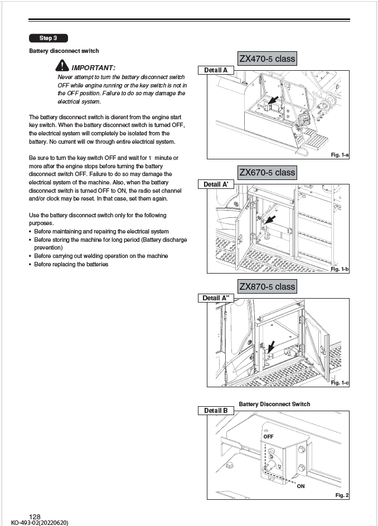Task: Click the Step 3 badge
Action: click(x=49, y=38)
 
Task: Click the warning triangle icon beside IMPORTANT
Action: click(x=64, y=67)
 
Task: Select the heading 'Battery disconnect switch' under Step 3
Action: click(x=64, y=51)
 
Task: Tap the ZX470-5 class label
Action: click(x=267, y=59)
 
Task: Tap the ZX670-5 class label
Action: click(x=267, y=172)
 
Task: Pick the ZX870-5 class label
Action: click(x=267, y=286)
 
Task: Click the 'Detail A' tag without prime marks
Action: click(x=216, y=70)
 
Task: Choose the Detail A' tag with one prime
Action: click(x=216, y=184)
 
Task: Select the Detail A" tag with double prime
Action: click(x=216, y=298)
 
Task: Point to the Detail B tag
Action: click(x=216, y=411)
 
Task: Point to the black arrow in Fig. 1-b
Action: click(x=269, y=220)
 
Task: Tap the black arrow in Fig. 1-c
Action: click(x=271, y=347)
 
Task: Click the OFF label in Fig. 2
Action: click(x=269, y=436)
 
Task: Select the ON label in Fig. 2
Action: click(x=301, y=486)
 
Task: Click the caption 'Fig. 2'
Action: click(x=341, y=495)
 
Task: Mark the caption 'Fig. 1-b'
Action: click(x=340, y=269)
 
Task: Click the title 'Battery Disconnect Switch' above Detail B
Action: click(x=274, y=404)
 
